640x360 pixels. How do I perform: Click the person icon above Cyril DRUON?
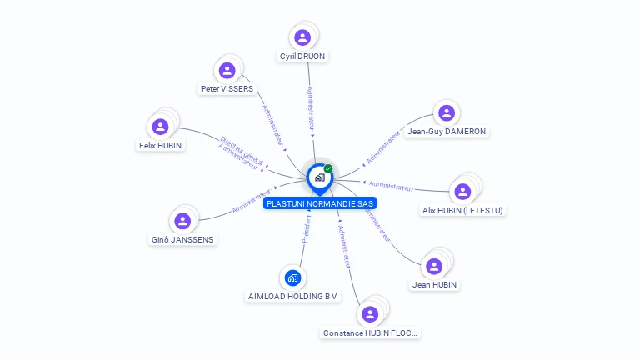coord(302,37)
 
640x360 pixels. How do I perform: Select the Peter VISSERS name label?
coord(227,89)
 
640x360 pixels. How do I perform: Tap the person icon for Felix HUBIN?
coord(160,127)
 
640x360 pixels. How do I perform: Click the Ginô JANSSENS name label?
coord(182,240)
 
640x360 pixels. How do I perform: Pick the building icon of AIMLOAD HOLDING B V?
coord(292,277)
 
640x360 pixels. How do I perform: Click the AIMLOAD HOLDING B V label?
coord(292,297)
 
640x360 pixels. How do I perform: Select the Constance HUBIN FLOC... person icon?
coord(370,314)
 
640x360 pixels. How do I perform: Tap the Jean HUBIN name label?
coord(434,285)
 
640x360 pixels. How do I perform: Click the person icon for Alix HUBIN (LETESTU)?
coord(462,192)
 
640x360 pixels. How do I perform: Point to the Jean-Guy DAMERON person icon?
coord(447,112)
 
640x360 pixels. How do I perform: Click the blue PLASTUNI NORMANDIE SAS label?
coord(320,203)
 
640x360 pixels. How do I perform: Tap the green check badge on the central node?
coord(328,169)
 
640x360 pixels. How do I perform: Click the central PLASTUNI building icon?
coord(319,177)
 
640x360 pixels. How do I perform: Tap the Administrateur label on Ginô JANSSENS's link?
coord(252,200)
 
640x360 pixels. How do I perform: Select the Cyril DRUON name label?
coord(303,57)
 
